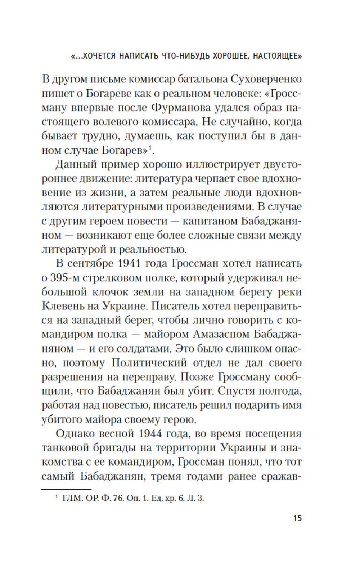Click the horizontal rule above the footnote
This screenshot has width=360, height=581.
[x=66, y=490]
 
